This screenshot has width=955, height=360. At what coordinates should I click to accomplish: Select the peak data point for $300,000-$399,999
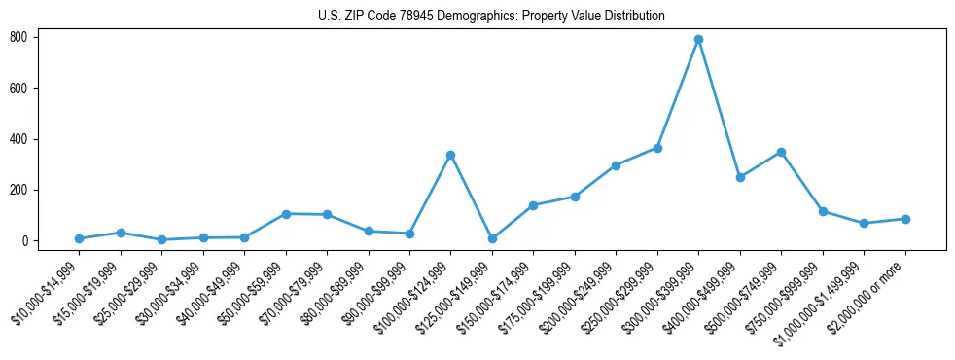pyautogui.click(x=698, y=40)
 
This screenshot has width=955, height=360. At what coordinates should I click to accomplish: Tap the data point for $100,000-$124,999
pyautogui.click(x=450, y=155)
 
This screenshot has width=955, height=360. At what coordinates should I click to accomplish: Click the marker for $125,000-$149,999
pyautogui.click(x=492, y=238)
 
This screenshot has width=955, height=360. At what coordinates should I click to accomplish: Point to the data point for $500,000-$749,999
pyautogui.click(x=781, y=153)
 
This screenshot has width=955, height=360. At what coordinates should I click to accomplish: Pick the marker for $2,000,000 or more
pyautogui.click(x=905, y=219)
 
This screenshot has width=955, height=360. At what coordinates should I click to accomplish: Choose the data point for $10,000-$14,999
pyautogui.click(x=79, y=238)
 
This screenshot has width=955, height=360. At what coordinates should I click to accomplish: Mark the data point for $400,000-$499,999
pyautogui.click(x=740, y=177)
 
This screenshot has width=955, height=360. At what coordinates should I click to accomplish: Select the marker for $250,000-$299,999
pyautogui.click(x=657, y=148)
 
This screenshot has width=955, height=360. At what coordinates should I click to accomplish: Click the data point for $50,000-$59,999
pyautogui.click(x=286, y=213)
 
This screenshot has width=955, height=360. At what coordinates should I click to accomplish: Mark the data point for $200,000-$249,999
pyautogui.click(x=616, y=165)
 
